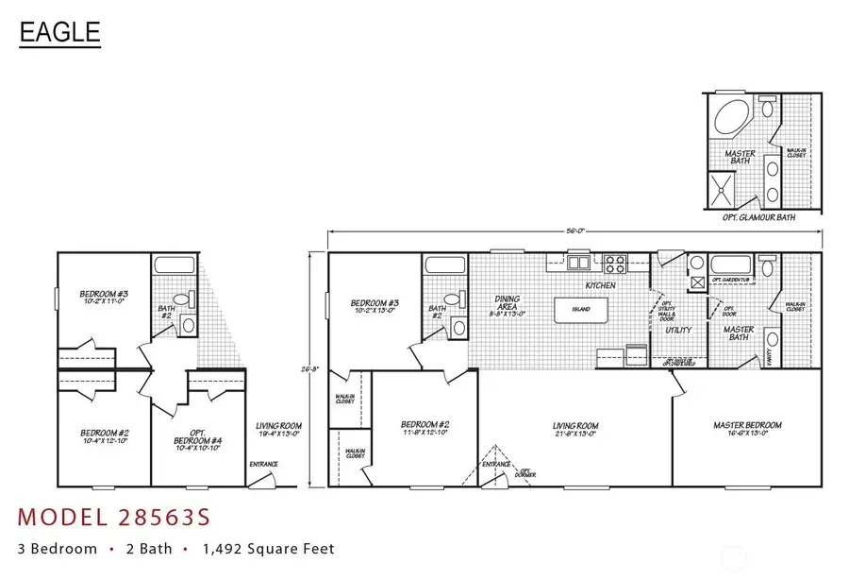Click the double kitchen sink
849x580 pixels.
(578, 262)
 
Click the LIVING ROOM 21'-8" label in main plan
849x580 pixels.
(575, 430)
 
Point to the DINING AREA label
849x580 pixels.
(508, 304)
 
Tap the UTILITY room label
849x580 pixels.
(678, 331)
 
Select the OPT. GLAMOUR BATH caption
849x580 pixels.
(759, 216)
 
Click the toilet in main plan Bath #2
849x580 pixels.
(453, 300)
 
